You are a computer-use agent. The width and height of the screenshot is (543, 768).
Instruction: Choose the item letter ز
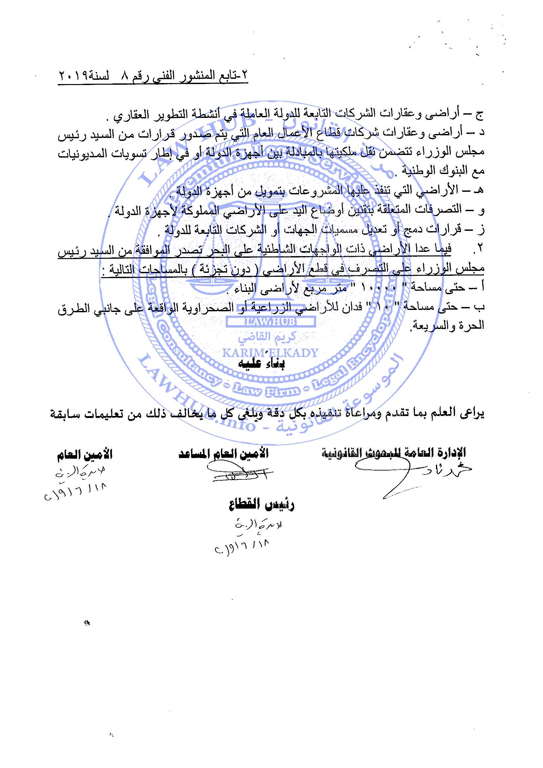481,230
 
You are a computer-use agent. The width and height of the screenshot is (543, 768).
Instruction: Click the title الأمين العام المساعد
223,454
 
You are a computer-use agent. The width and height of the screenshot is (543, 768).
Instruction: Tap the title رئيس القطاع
261,505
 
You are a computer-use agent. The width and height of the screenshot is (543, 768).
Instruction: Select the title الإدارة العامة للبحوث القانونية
394,452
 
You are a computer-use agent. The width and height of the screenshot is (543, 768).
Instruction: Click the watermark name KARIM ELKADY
270,352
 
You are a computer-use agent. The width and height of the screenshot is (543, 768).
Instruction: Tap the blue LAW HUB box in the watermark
271,322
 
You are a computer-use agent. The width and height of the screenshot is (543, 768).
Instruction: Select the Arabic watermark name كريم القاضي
267,337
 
